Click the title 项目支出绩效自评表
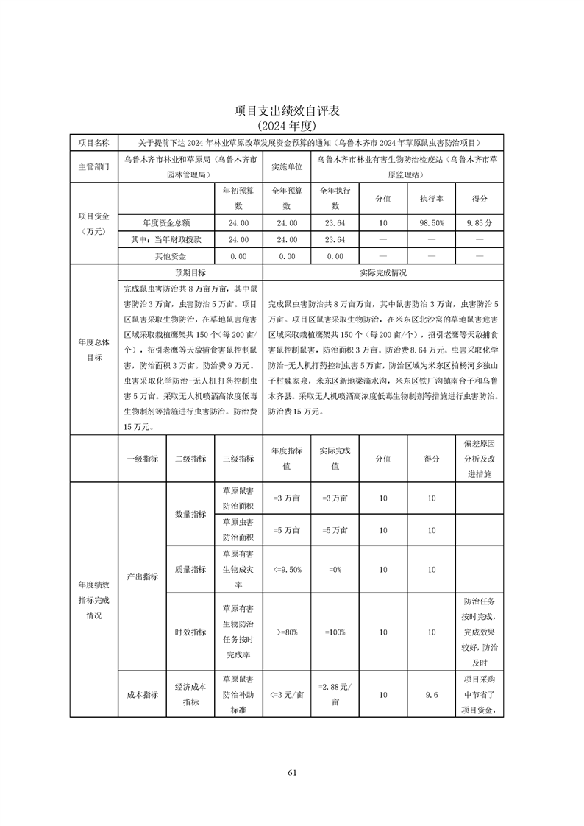[x=292, y=110]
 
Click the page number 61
[x=292, y=772]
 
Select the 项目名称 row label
[x=93, y=142]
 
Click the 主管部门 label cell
[x=93, y=167]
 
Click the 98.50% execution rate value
[x=430, y=222]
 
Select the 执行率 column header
[x=430, y=199]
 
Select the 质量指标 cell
[x=190, y=569]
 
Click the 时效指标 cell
[x=190, y=632]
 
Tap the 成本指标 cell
[x=142, y=694]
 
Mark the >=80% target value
[x=287, y=632]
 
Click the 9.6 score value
[x=431, y=694]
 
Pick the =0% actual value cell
[x=335, y=569]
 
